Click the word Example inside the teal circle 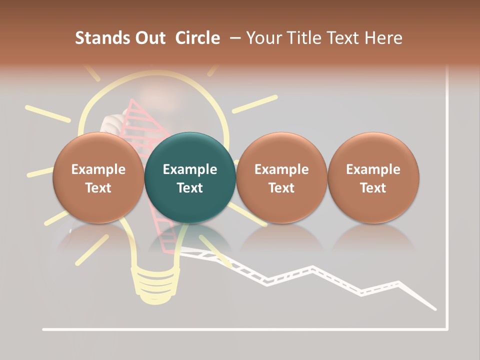190,169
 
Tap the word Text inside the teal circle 190,188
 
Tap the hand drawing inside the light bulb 111,122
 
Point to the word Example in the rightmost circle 373,169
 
